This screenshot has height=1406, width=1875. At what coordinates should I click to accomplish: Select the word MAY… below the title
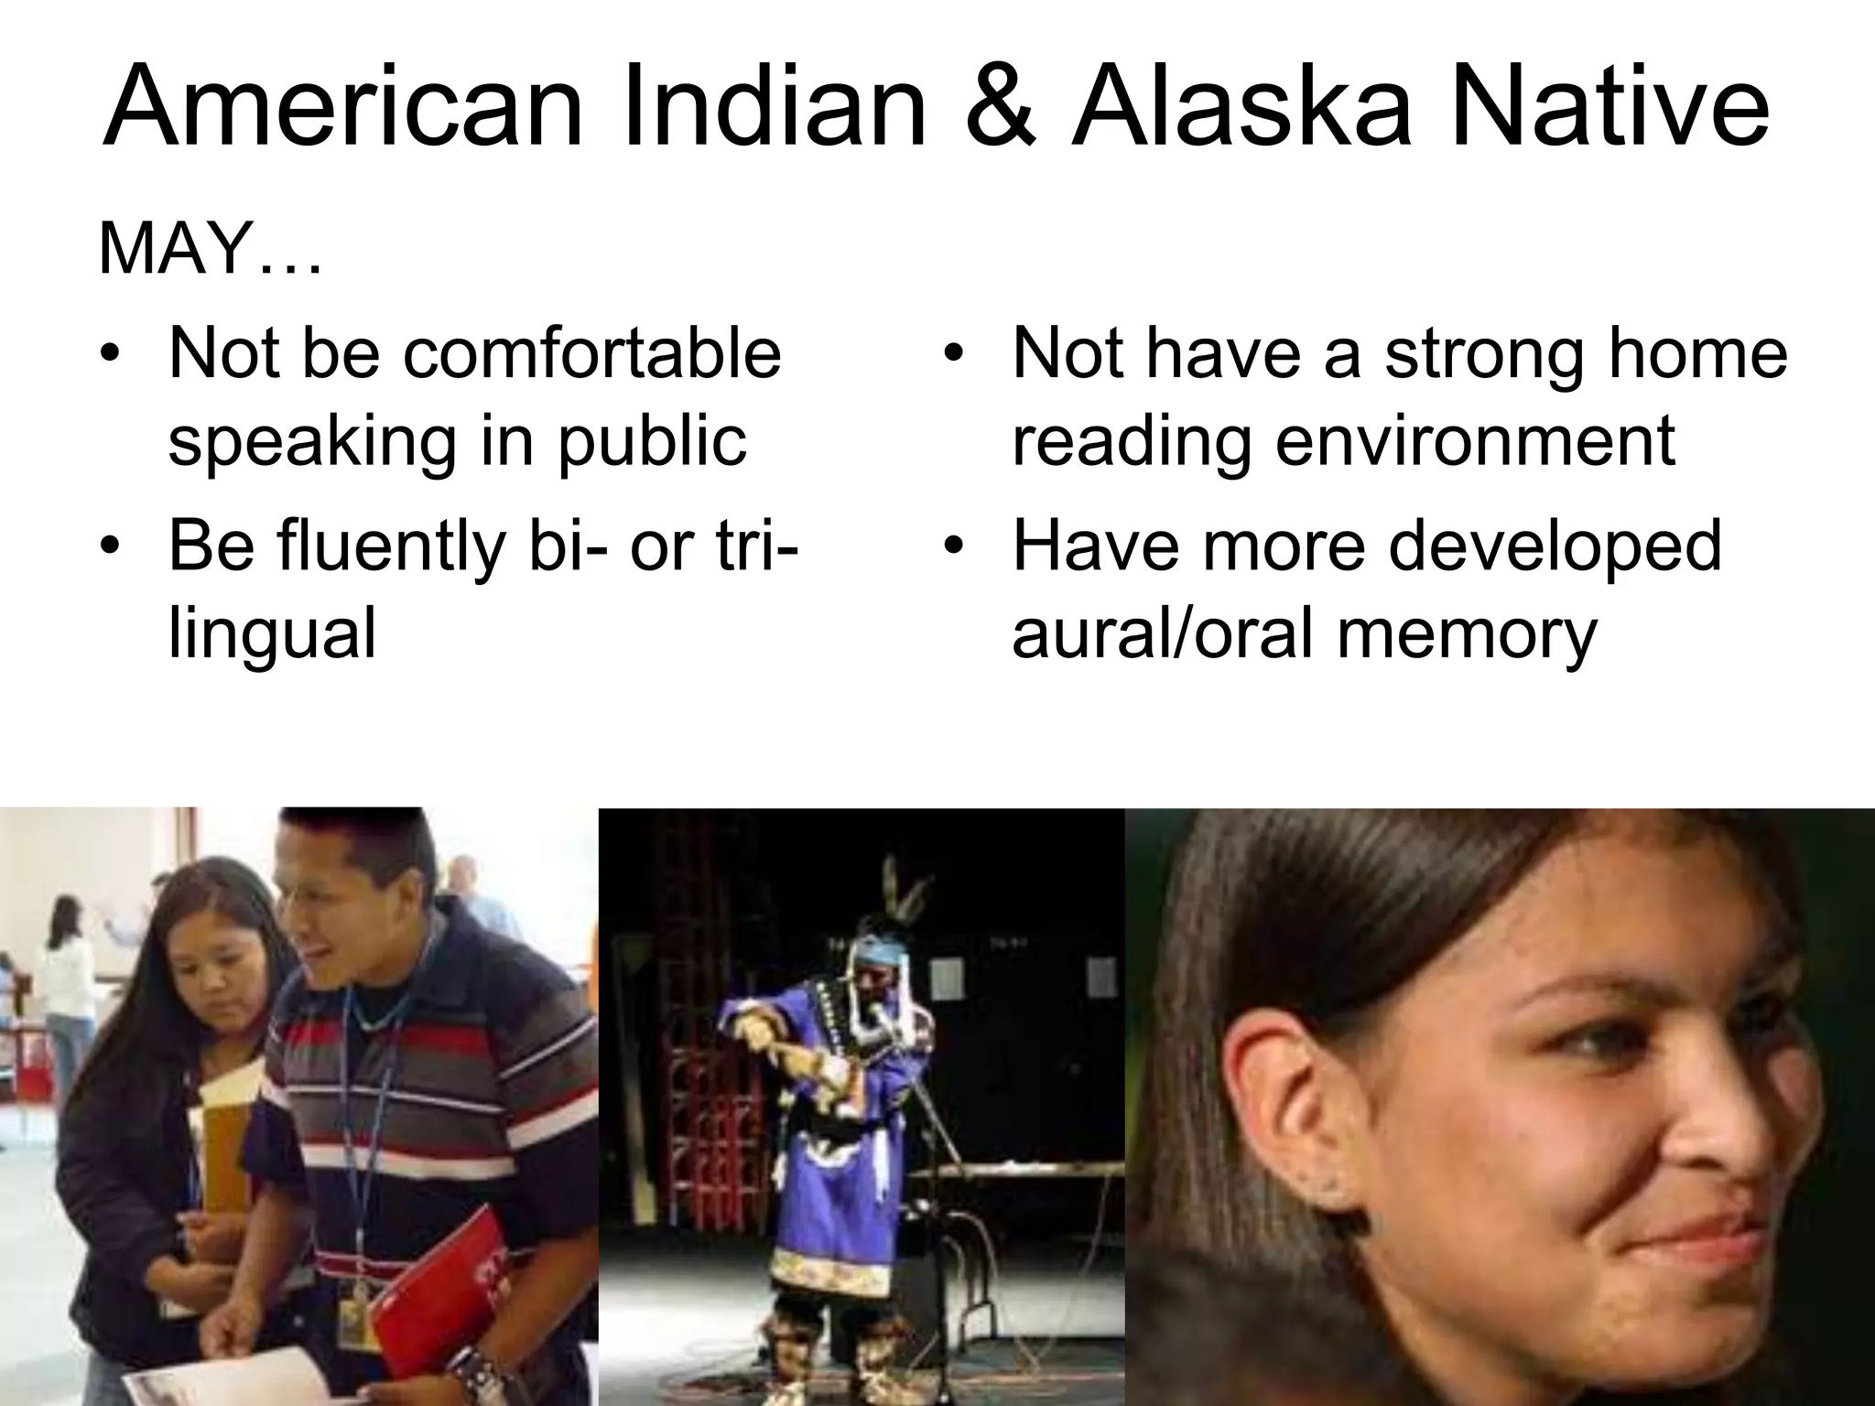pyautogui.click(x=210, y=249)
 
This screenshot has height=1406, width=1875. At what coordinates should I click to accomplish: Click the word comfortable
pyautogui.click(x=591, y=353)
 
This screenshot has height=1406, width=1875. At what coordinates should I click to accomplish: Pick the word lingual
pyautogui.click(x=272, y=633)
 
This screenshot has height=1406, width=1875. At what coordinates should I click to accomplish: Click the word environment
pyautogui.click(x=1475, y=441)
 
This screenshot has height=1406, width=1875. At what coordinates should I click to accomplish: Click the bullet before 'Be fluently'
pyautogui.click(x=112, y=546)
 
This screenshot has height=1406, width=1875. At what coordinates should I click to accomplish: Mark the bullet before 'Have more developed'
pyautogui.click(x=955, y=546)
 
